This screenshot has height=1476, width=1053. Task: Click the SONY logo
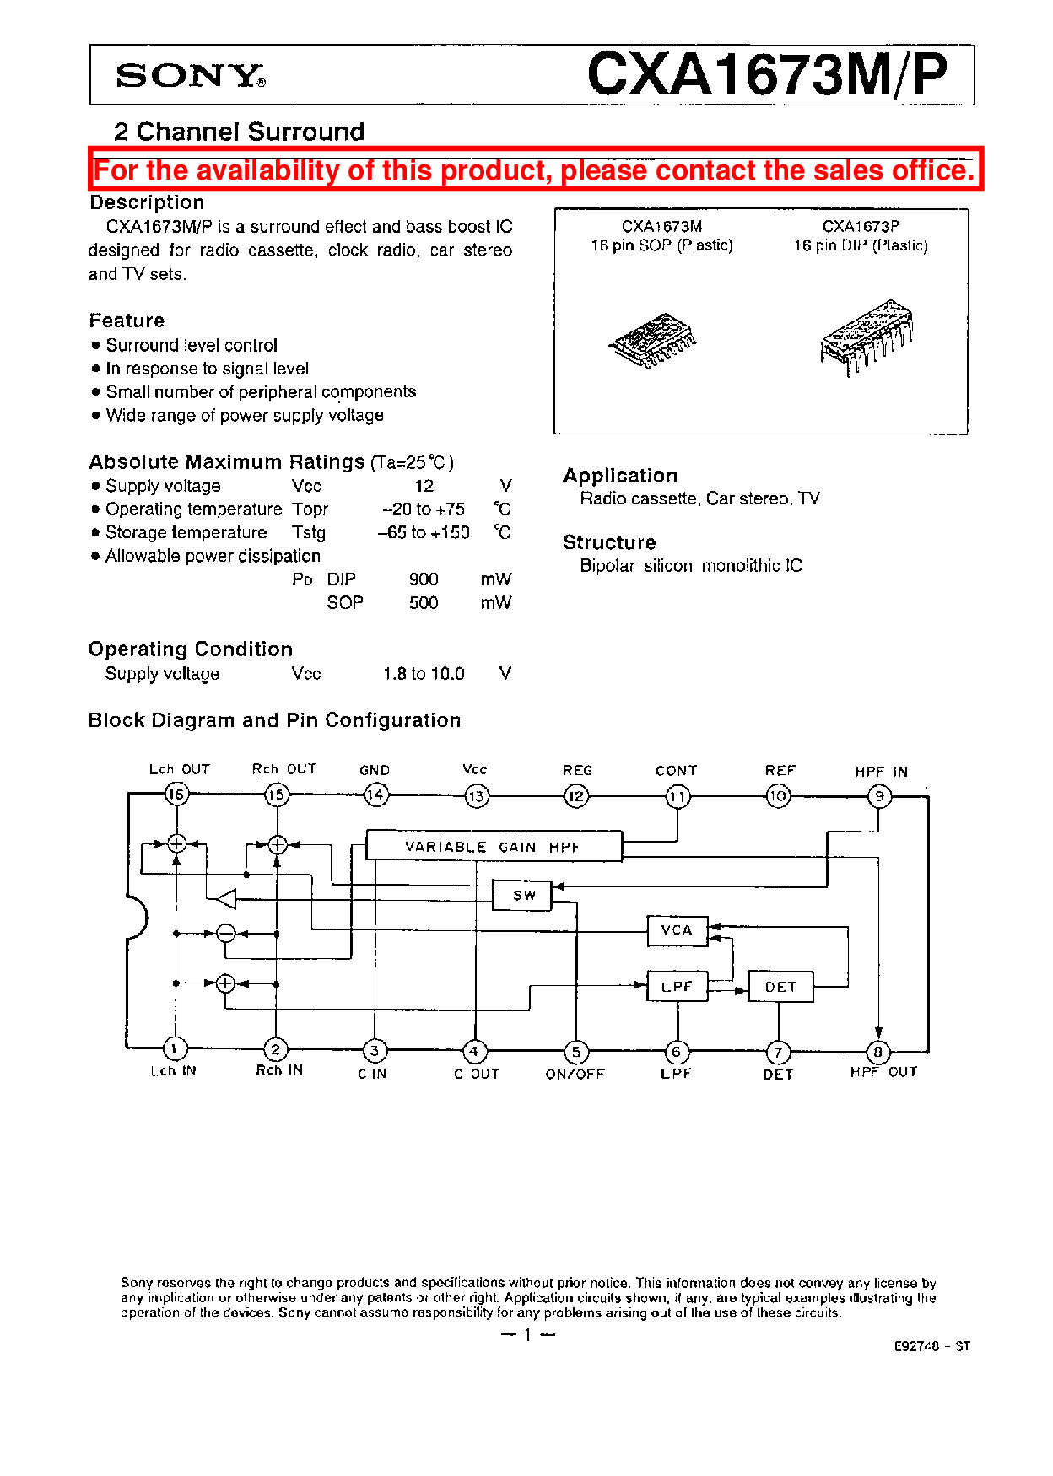click(x=190, y=75)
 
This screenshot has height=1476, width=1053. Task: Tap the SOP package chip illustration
click(x=654, y=341)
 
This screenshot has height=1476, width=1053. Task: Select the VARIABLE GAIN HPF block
click(x=494, y=846)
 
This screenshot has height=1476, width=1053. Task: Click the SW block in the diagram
click(x=522, y=895)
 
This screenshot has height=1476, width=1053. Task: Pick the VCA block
click(x=677, y=930)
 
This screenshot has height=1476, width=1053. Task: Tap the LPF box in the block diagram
click(x=677, y=986)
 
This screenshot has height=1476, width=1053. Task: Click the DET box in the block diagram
click(x=780, y=986)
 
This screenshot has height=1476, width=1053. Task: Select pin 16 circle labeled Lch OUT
click(x=176, y=794)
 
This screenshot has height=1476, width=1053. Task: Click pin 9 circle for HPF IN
click(x=879, y=795)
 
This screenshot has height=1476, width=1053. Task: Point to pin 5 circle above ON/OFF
click(x=576, y=1052)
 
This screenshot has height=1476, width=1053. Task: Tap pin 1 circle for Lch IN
click(x=175, y=1048)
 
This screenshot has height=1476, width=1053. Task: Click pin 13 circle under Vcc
click(x=477, y=795)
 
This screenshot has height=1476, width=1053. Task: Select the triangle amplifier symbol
click(x=226, y=899)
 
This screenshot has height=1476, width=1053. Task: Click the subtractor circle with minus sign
click(x=225, y=933)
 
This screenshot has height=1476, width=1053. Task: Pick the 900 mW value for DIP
click(x=424, y=579)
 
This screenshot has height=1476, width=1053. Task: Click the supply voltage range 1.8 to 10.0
click(x=424, y=674)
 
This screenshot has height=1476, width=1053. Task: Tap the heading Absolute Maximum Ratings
click(x=227, y=462)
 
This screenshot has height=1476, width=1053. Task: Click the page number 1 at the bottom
click(x=527, y=1334)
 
